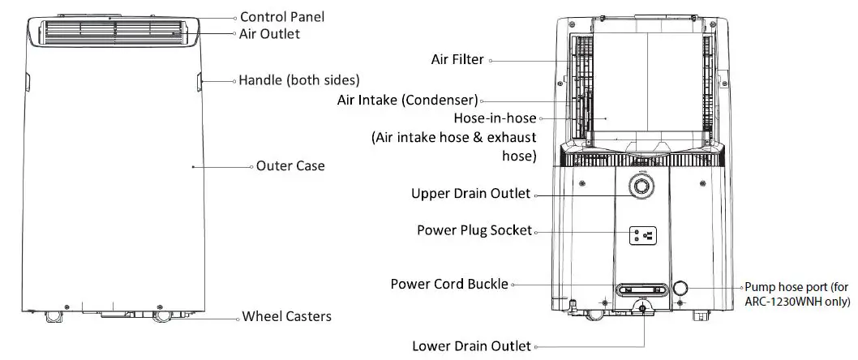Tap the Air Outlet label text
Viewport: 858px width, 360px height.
click(269, 34)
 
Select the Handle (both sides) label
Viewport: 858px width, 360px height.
click(298, 80)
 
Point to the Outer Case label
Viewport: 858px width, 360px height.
click(290, 165)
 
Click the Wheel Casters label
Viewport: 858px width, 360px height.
click(286, 316)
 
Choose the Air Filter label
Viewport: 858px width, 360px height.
click(457, 59)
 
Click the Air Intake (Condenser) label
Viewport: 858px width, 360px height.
click(407, 101)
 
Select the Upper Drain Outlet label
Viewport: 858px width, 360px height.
click(470, 194)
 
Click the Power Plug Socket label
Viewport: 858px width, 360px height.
click(474, 230)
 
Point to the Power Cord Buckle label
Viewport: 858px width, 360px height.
click(449, 284)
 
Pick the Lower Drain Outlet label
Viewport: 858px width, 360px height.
click(470, 346)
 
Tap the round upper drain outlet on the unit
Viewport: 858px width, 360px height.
click(641, 186)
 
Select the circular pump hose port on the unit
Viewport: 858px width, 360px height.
click(681, 288)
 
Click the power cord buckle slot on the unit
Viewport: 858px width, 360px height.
click(637, 289)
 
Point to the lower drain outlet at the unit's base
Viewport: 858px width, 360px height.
click(644, 309)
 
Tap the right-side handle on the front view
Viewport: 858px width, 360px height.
click(199, 80)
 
